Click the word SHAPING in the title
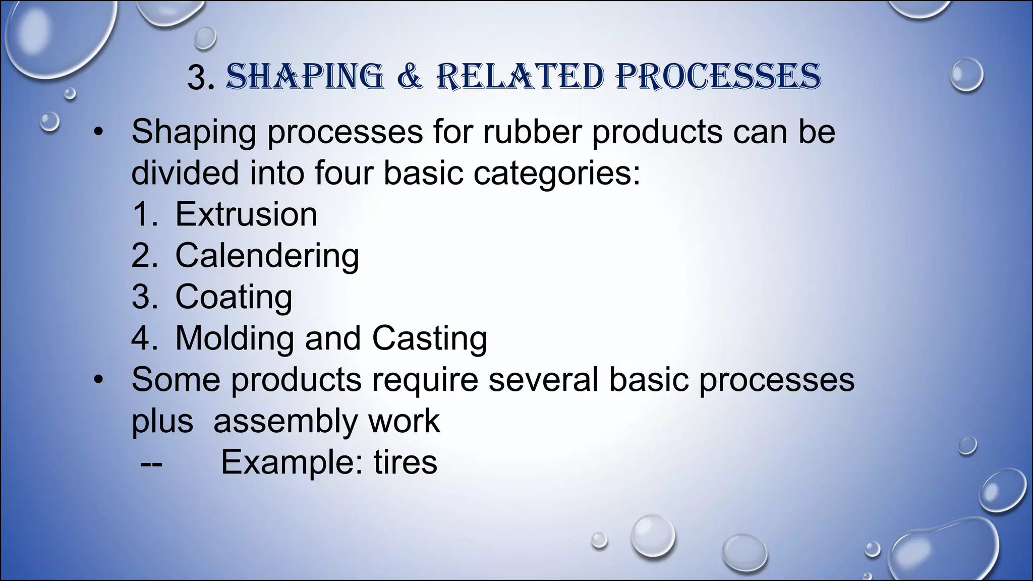(x=305, y=78)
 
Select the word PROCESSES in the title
(x=718, y=78)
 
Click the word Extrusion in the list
(x=246, y=214)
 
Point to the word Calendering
(x=267, y=256)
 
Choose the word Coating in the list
(x=234, y=297)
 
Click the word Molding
(x=234, y=338)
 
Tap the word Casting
(x=430, y=338)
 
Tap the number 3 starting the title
(x=200, y=79)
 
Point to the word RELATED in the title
(x=520, y=78)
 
